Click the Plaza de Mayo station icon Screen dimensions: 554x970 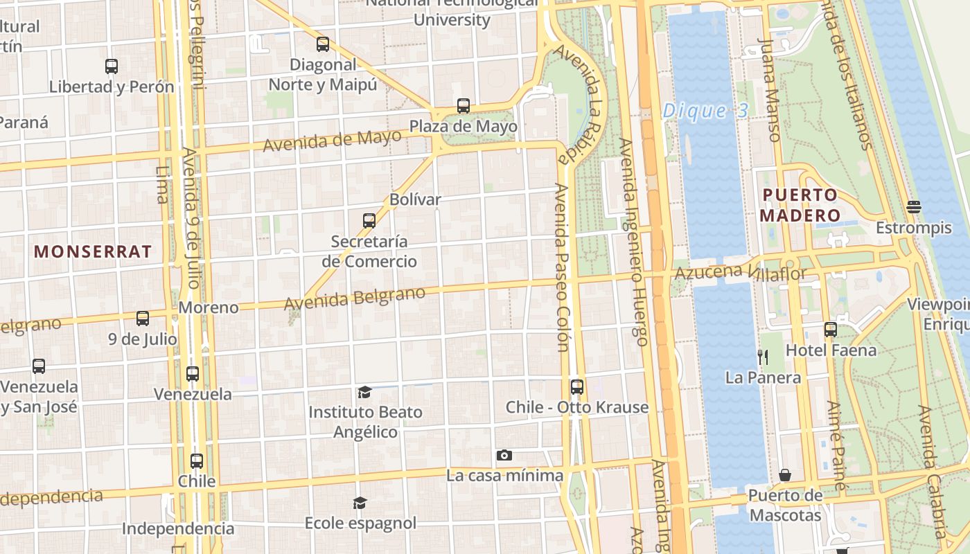click(x=464, y=106)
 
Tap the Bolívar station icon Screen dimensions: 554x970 click(x=369, y=221)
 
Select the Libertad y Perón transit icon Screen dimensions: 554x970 click(x=112, y=66)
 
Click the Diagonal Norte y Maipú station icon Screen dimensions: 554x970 click(x=323, y=44)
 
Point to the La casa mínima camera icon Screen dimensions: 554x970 click(x=504, y=455)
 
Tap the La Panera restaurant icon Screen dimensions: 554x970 click(x=763, y=357)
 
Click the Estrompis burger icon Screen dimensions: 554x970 click(x=913, y=207)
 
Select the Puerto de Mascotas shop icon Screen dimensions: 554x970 click(x=785, y=475)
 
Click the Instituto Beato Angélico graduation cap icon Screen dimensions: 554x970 click(x=364, y=393)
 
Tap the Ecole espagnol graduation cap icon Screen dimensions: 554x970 click(x=360, y=502)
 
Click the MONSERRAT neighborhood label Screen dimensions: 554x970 click(x=93, y=251)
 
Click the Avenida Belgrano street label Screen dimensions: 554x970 click(x=355, y=298)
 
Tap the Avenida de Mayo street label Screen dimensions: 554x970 click(x=332, y=141)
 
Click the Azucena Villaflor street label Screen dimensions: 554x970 click(x=741, y=272)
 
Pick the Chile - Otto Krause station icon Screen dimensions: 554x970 click(x=576, y=386)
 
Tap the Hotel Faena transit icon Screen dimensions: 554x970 click(x=831, y=330)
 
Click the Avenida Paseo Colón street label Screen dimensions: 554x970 click(x=562, y=267)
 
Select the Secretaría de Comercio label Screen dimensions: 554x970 click(x=369, y=251)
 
